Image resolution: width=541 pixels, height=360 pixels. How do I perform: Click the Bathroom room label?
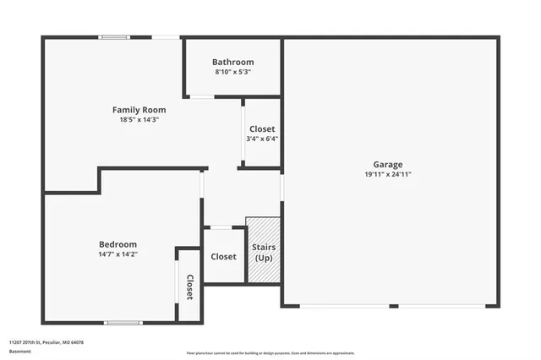point(232,63)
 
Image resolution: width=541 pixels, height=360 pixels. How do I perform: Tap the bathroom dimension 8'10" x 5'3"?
point(232,72)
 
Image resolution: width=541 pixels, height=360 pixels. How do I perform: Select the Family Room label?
point(139,110)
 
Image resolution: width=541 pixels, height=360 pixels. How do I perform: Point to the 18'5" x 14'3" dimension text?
point(139,120)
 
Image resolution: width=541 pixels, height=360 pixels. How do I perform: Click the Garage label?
point(388,165)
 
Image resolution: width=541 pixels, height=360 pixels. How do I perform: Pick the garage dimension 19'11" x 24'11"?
point(388,174)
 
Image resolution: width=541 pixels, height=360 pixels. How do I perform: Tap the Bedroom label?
point(117,244)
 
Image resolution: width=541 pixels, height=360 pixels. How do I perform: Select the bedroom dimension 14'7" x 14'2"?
point(117,254)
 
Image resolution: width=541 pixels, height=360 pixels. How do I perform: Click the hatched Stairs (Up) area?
point(263,250)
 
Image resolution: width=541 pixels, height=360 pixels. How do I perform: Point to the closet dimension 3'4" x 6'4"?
point(262,139)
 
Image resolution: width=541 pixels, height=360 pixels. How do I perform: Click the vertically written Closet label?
point(189,286)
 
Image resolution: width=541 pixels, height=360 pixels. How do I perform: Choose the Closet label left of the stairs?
point(223,256)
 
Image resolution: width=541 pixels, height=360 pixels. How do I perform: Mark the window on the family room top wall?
point(114,37)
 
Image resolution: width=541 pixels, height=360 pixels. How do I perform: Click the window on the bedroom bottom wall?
point(123,322)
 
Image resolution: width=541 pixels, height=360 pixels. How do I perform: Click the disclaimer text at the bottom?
point(270,353)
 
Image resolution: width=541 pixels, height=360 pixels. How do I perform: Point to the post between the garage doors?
point(393,306)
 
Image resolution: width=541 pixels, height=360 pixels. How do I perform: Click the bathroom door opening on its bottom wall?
point(201,97)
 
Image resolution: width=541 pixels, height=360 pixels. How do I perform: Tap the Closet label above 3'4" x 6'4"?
point(262,129)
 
